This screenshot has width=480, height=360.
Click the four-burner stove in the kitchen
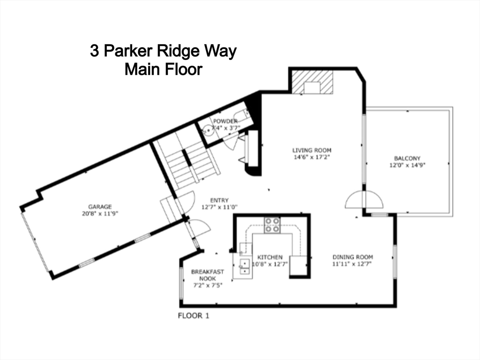(272, 225)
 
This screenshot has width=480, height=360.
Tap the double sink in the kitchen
(244, 266)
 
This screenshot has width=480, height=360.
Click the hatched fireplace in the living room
(312, 82)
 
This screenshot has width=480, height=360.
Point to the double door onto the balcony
(364, 200)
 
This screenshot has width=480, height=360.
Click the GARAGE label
(100, 206)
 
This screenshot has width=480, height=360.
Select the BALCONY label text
(407, 158)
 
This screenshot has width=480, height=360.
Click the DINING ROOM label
(352, 257)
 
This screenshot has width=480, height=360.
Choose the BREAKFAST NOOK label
(207, 275)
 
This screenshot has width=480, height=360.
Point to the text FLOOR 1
(193, 315)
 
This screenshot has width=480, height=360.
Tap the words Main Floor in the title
(163, 69)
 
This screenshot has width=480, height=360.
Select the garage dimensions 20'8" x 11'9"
(100, 213)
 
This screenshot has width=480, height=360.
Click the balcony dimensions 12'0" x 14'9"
(407, 165)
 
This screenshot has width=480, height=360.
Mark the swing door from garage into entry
(186, 201)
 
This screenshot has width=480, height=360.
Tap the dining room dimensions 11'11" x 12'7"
(352, 263)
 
